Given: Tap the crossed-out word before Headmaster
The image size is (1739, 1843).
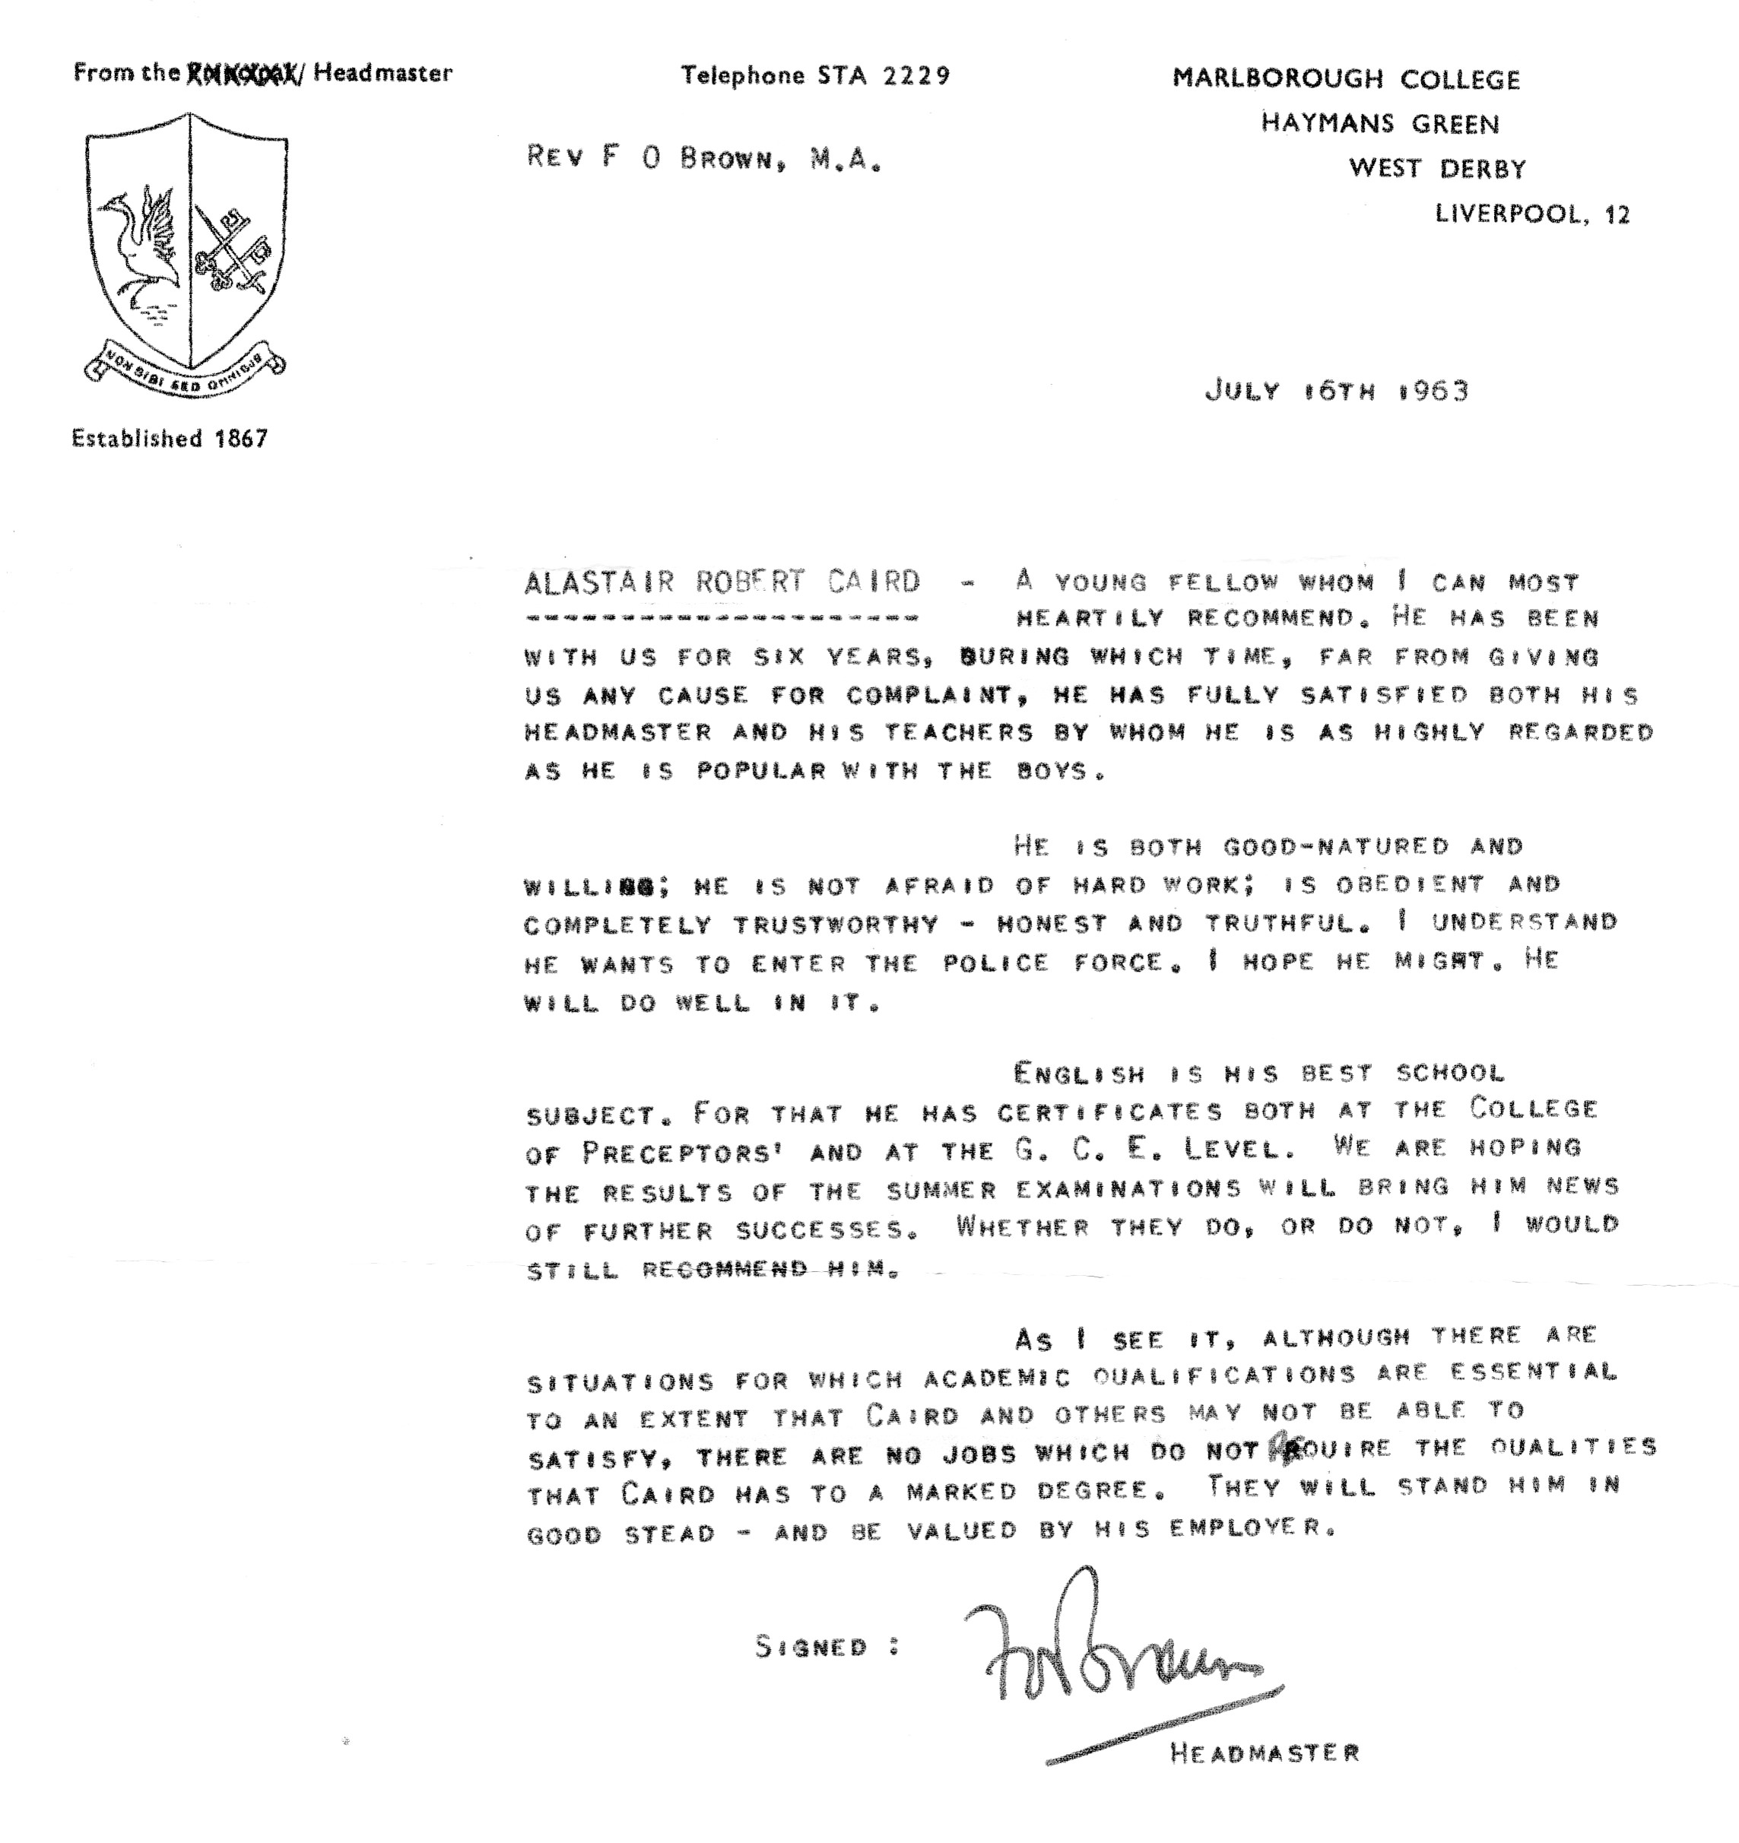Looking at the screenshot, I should coord(243,72).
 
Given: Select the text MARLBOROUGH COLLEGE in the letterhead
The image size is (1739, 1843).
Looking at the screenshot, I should coord(1346,80).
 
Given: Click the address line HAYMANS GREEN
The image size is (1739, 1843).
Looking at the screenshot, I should coord(1379,124).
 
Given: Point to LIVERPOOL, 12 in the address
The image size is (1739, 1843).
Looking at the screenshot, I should coord(1531,214).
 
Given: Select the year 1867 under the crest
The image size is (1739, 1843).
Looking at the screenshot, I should coord(241,439).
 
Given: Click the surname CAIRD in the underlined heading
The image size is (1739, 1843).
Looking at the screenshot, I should coord(876,582).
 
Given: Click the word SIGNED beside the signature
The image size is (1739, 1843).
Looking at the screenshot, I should coord(811,1648).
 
